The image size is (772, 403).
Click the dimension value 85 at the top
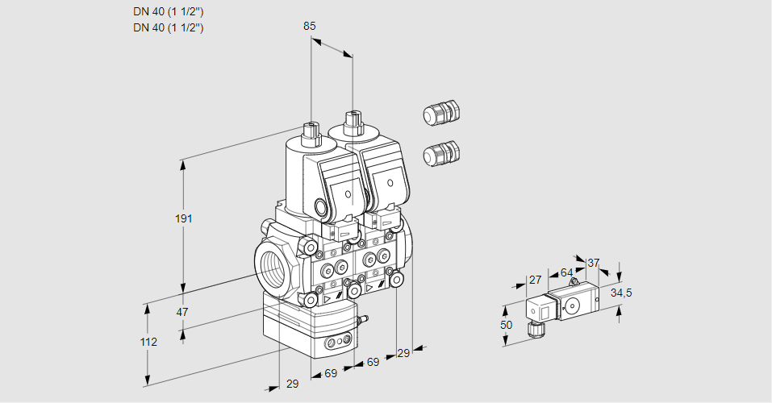tap(309, 26)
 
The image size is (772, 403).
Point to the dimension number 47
tap(182, 312)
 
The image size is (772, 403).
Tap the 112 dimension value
tap(148, 342)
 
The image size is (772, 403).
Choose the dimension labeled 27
tap(533, 280)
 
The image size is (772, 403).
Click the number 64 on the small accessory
tap(566, 272)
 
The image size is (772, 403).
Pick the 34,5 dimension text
tap(620, 293)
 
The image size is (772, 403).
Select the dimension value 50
tap(506, 325)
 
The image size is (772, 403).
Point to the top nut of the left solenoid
tap(310, 130)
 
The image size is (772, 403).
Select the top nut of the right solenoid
tap(351, 123)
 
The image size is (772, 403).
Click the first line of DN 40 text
tap(168, 12)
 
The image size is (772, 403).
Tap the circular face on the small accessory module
tap(574, 305)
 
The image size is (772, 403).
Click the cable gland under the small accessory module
tap(533, 327)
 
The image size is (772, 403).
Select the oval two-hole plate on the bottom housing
tap(338, 344)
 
